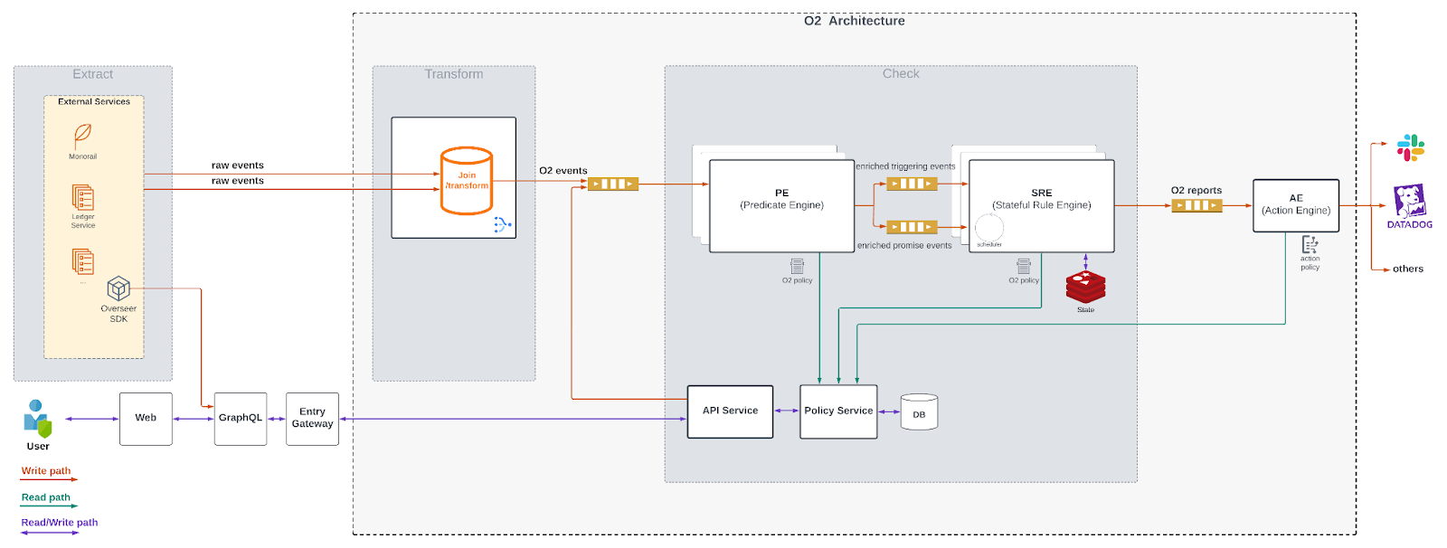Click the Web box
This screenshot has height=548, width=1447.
[146, 419]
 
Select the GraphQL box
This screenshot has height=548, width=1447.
[241, 419]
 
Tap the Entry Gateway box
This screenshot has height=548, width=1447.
[312, 419]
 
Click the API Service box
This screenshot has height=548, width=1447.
[730, 411]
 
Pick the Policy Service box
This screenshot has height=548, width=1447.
[838, 411]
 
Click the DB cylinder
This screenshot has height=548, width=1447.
[919, 412]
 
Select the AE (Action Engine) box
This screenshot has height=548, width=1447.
[1295, 205]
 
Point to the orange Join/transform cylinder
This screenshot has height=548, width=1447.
[467, 181]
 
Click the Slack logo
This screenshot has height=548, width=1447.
[1410, 147]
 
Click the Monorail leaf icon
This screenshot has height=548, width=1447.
[82, 136]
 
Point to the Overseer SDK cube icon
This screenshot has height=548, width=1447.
[118, 288]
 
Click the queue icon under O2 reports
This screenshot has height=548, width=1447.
[1196, 205]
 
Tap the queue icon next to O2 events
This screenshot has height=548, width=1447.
[612, 184]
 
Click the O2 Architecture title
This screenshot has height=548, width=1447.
[854, 21]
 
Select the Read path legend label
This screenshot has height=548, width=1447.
[46, 497]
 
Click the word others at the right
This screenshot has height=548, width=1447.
[1407, 269]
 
